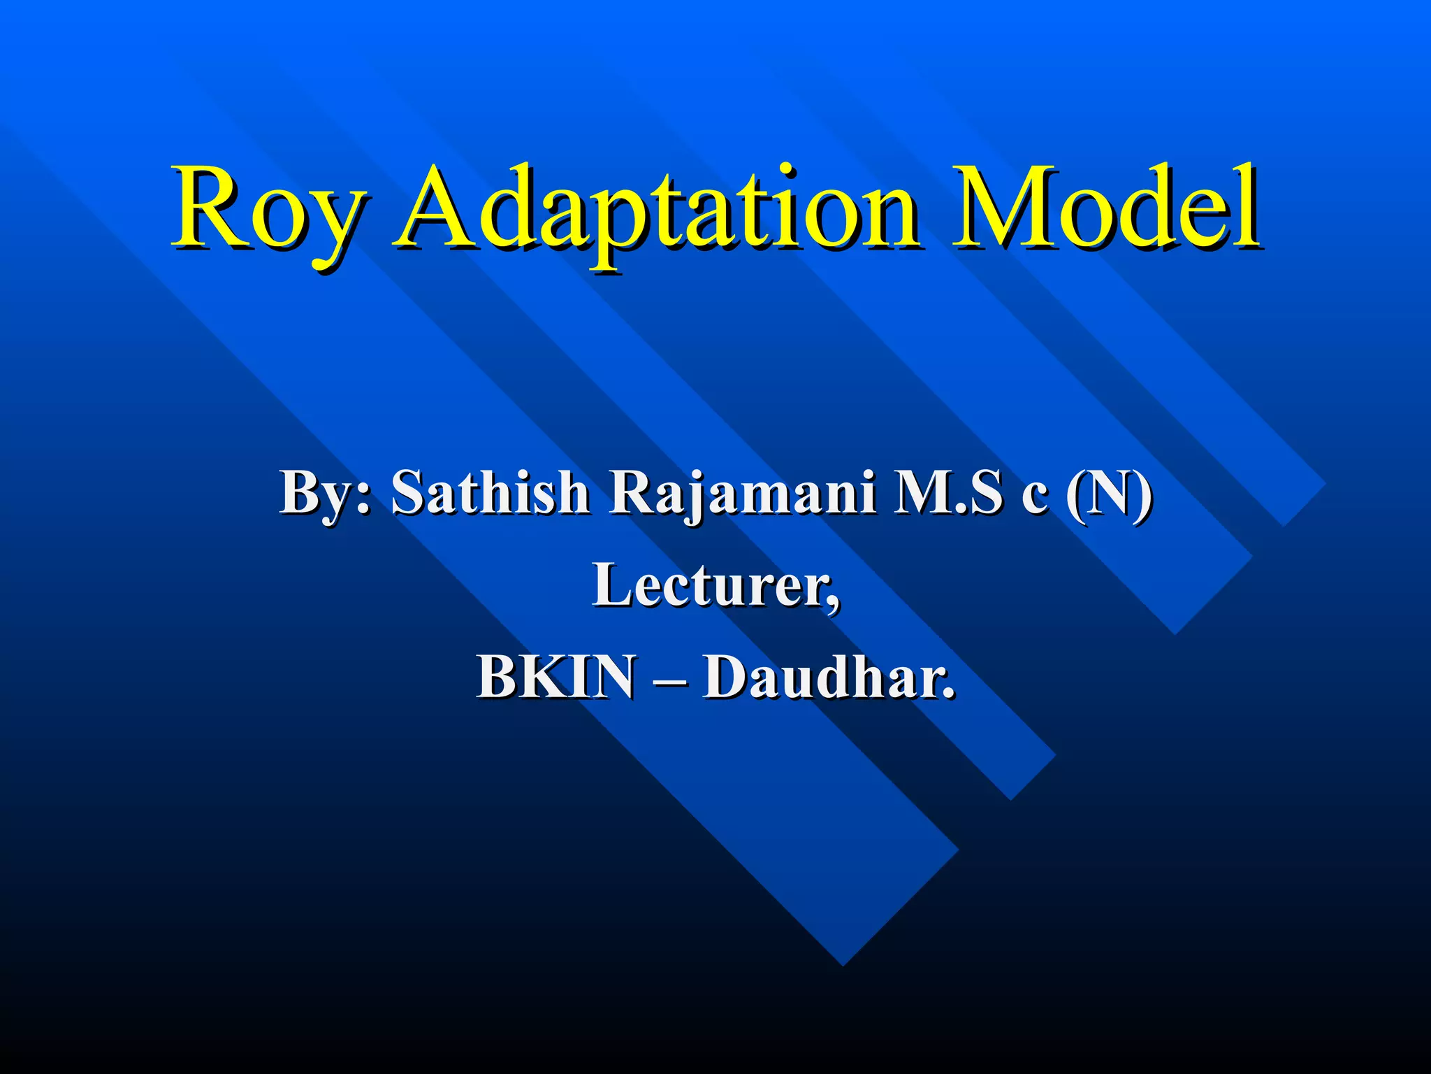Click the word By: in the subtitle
[x=325, y=493]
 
